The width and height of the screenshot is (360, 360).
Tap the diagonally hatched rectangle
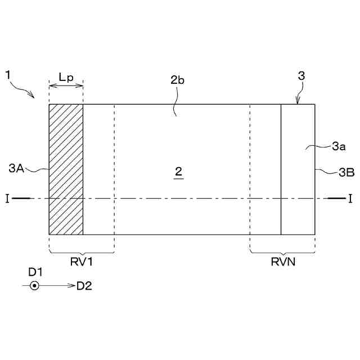coord(66,169)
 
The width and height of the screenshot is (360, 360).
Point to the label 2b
coord(178,80)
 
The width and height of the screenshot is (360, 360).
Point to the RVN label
coord(282,262)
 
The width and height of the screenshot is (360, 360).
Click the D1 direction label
coord(35,272)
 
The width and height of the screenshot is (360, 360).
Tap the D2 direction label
coord(84,286)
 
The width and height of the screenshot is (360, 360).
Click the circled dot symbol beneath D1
coord(34,286)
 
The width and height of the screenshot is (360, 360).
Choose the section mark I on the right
coord(350,198)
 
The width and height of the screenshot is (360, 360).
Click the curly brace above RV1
coord(82,251)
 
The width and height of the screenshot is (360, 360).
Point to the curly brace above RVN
coord(282,251)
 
